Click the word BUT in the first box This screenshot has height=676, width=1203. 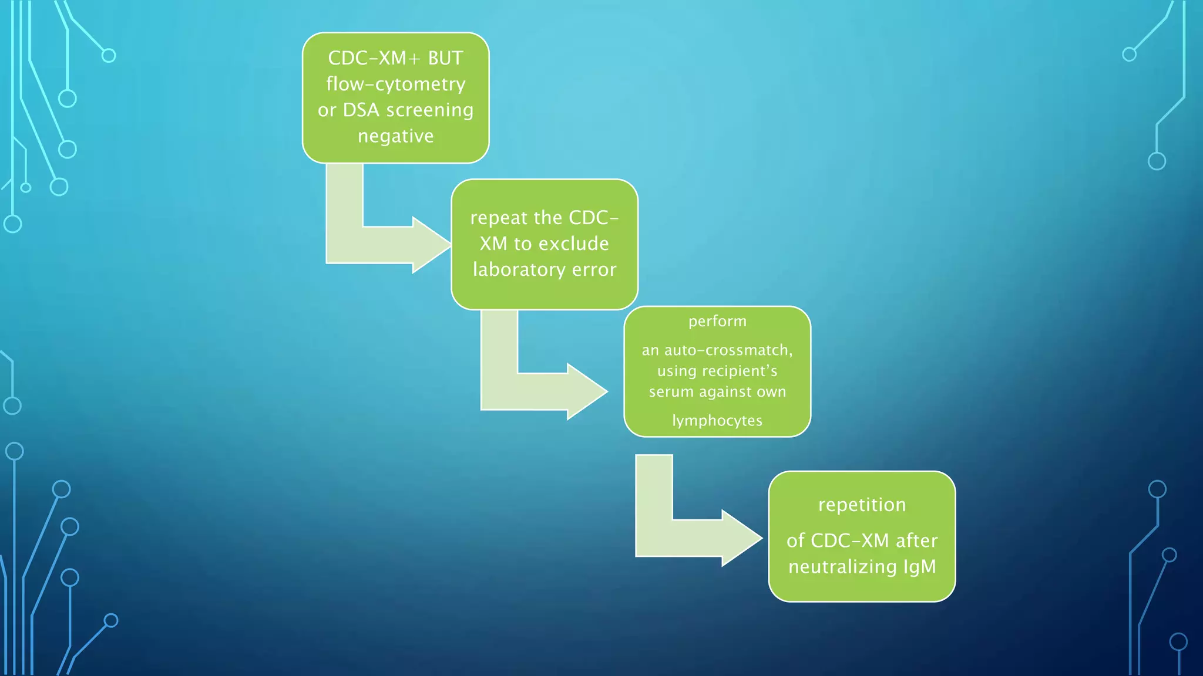click(445, 58)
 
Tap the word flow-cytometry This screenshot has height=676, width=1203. click(395, 84)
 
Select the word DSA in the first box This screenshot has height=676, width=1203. click(361, 110)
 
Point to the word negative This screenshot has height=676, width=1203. click(395, 136)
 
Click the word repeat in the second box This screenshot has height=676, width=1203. click(499, 218)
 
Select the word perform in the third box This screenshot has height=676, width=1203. click(717, 322)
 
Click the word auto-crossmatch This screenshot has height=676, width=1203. click(728, 350)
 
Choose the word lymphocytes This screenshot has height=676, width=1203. click(717, 421)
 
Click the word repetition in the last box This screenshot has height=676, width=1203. click(862, 505)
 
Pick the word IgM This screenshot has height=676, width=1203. click(920, 567)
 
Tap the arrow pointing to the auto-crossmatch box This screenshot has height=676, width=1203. click(543, 391)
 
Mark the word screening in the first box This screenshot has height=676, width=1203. click(429, 110)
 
